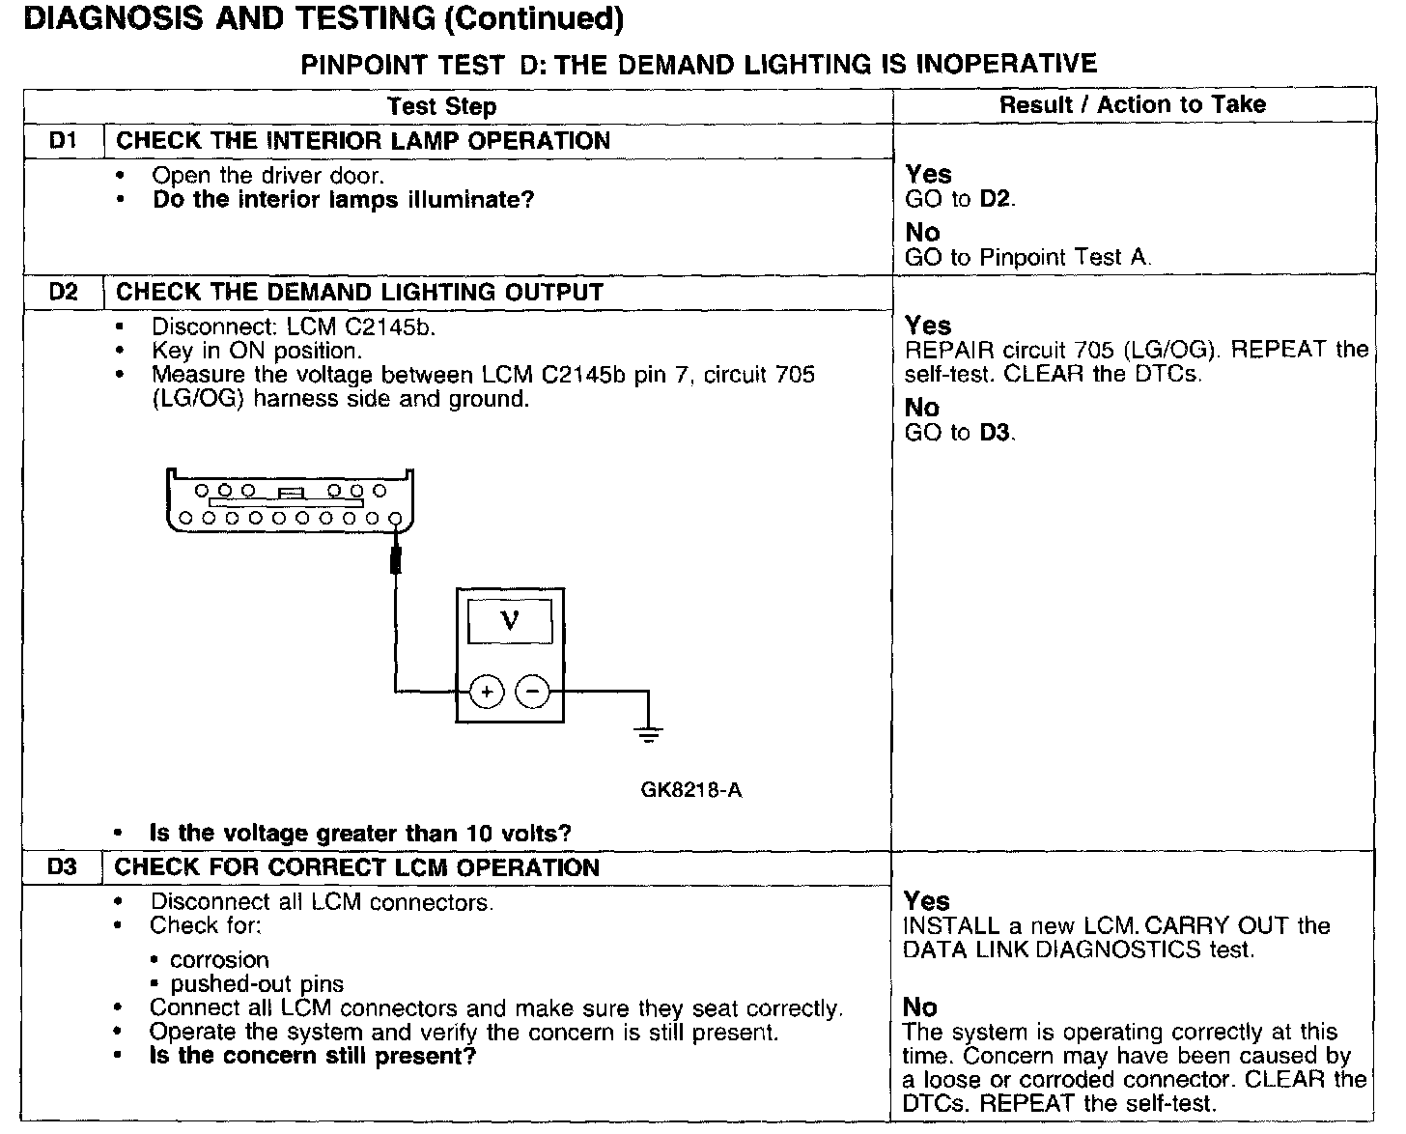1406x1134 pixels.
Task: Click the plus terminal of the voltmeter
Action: click(x=487, y=692)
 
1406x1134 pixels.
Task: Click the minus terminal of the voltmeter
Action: click(x=532, y=692)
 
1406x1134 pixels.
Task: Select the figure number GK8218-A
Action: click(x=691, y=790)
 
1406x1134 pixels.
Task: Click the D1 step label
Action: click(x=63, y=141)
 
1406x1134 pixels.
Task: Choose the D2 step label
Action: click(x=63, y=292)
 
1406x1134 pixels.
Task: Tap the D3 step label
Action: click(x=62, y=867)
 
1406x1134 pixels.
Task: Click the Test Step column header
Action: click(x=441, y=106)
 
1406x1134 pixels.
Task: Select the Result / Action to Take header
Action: click(x=1132, y=104)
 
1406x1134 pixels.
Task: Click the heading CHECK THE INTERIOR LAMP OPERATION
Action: click(x=363, y=141)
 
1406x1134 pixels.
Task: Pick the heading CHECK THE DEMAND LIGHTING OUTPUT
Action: click(x=359, y=292)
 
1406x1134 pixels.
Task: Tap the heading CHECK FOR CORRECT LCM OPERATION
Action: click(x=357, y=867)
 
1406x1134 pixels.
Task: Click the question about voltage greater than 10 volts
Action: click(x=360, y=833)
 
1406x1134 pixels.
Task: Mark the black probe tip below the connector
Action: click(x=395, y=560)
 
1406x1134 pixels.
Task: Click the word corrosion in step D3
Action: click(x=219, y=960)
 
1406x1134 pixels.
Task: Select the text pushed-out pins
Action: click(x=257, y=984)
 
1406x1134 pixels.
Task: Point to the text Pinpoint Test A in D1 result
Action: click(x=1065, y=257)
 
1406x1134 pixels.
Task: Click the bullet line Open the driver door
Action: click(x=267, y=176)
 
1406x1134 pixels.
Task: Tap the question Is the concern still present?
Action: click(x=313, y=1056)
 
